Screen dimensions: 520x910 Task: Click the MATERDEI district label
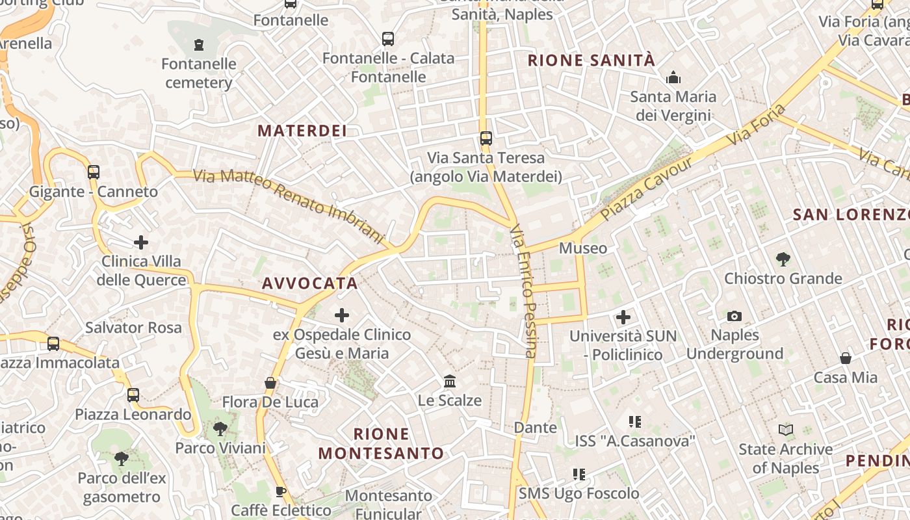click(302, 131)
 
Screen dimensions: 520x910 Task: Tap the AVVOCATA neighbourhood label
click(310, 283)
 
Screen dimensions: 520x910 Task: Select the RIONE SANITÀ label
click(591, 60)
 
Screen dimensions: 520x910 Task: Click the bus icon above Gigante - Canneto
click(94, 172)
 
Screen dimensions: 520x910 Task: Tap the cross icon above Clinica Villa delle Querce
click(141, 243)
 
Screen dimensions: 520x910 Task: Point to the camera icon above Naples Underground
click(734, 317)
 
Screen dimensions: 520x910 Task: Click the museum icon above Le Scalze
click(450, 382)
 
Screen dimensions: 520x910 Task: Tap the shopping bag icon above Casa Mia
click(846, 358)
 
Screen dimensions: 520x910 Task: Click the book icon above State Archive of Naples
click(786, 430)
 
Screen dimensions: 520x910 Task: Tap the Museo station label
click(583, 248)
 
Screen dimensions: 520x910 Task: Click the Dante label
click(536, 428)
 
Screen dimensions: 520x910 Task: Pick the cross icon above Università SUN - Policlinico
click(623, 317)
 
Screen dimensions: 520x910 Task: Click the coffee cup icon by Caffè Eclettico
click(281, 492)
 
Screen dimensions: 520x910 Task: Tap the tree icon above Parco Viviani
click(220, 429)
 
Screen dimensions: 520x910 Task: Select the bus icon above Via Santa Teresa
click(486, 138)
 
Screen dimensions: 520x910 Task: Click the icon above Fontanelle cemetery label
click(199, 45)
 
